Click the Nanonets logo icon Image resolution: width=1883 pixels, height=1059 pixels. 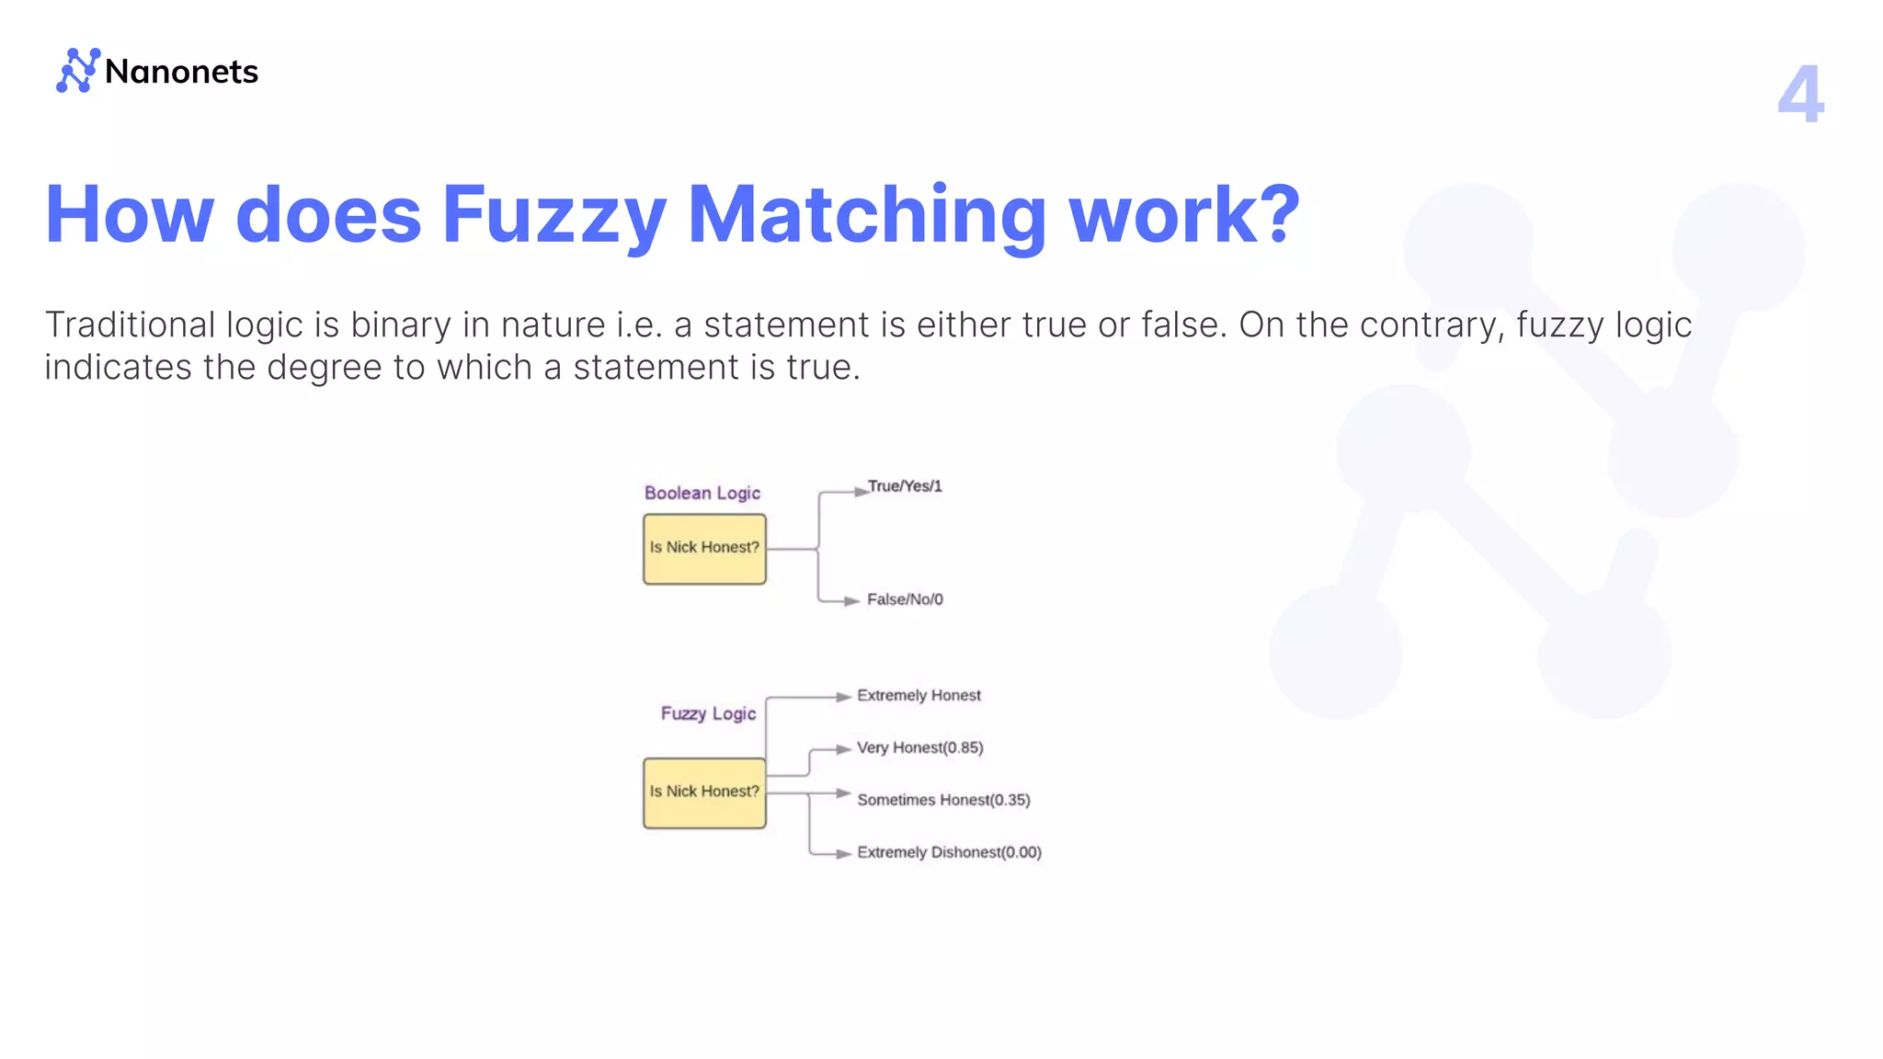[78, 71]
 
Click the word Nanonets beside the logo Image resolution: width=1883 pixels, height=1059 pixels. [181, 72]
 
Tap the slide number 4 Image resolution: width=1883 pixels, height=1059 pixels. [1799, 95]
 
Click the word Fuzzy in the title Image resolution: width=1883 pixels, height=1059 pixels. [553, 215]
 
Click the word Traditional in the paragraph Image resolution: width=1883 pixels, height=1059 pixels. [130, 325]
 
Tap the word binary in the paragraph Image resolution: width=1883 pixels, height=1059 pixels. [401, 325]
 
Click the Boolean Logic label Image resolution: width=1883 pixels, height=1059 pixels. [702, 493]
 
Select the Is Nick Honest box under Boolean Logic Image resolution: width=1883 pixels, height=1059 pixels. [704, 549]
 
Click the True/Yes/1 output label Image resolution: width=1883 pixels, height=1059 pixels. [905, 486]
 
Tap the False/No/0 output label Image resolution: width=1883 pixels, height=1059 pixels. [905, 599]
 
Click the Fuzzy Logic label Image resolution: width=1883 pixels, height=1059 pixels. [708, 713]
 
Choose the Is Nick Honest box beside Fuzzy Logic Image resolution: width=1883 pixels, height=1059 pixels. [704, 792]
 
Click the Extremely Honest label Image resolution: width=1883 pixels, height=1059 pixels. [919, 696]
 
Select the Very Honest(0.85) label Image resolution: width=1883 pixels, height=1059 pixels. [919, 748]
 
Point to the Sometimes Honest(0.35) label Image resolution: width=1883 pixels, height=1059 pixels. [943, 801]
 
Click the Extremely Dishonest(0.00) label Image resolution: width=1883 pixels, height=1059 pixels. [949, 853]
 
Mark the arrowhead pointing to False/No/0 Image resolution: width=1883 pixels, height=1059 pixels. [852, 601]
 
